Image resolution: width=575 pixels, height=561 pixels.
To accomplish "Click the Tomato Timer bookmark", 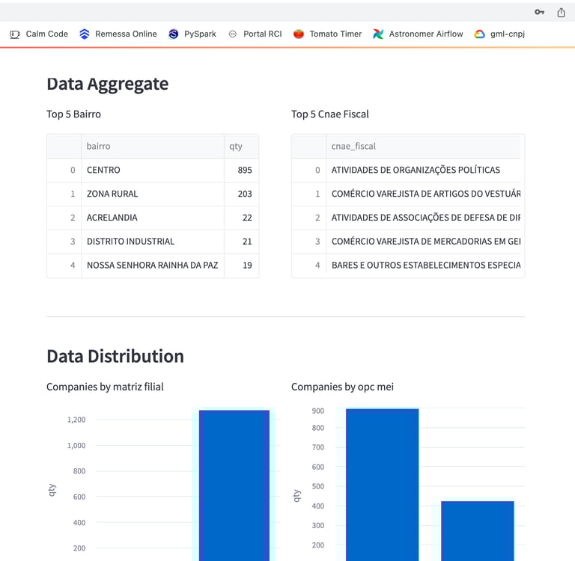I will pos(328,34).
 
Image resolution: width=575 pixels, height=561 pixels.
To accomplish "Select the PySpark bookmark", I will pos(192,34).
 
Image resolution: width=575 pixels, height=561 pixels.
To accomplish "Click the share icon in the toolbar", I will pos(561,13).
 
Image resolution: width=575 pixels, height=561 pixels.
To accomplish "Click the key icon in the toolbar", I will pos(539,13).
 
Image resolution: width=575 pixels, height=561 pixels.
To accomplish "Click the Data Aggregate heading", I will pos(107,84).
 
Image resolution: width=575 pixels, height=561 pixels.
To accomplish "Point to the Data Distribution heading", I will pos(115,356).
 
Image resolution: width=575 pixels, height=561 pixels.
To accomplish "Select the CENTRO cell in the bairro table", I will pos(103,170).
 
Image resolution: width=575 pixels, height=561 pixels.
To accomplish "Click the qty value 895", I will pos(244,170).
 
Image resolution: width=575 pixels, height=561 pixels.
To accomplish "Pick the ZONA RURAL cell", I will pos(112,194).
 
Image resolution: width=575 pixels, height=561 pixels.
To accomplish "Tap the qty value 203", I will pos(244,194).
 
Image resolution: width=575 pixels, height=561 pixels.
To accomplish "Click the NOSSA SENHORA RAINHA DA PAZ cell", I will pos(152,265).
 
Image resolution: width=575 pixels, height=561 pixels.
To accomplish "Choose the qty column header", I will pos(236,147).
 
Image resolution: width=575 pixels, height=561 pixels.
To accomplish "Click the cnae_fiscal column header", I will pos(353,147).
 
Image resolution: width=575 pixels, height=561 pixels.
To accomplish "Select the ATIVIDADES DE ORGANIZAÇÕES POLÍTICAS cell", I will pos(416,170).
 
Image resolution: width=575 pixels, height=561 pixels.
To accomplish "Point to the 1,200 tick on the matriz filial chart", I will pos(76,420).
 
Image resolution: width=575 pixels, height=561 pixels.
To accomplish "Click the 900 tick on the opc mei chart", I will pos(318,411).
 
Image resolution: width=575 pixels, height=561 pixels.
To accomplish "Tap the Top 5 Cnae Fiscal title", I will pos(330,114).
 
